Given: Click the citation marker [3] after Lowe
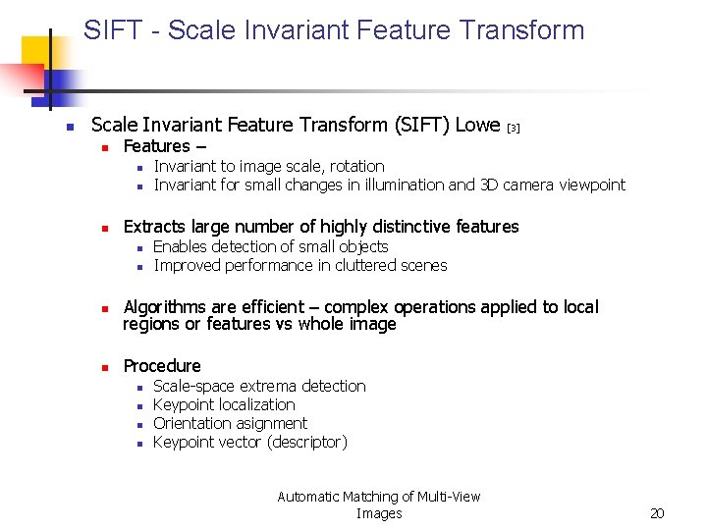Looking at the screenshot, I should (x=514, y=128).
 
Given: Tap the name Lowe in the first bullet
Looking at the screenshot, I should (x=478, y=125).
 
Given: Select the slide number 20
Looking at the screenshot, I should (x=658, y=513).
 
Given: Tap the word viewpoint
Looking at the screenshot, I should (x=592, y=185).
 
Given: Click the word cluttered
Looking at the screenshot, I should (x=359, y=265).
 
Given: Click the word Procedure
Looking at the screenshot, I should (x=162, y=366).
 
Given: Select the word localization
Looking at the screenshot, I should (x=260, y=404).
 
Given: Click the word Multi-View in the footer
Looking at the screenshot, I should (x=448, y=497).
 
